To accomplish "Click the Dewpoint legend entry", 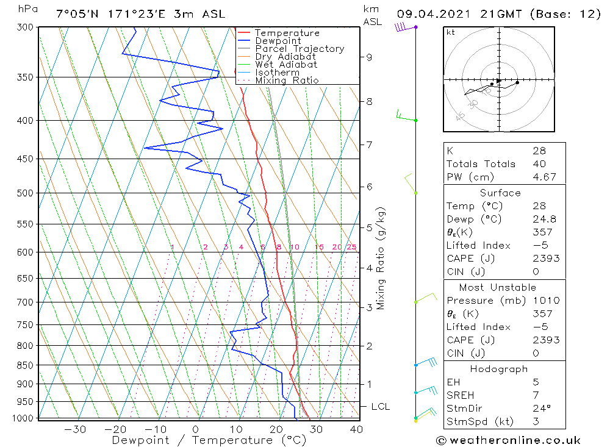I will pyautogui.click(x=278, y=41).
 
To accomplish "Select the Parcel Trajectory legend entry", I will pyautogui.click(x=300, y=49).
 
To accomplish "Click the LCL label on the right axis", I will pyautogui.click(x=380, y=407).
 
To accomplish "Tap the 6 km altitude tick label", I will pyautogui.click(x=369, y=187).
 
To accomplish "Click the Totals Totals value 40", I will pyautogui.click(x=539, y=163).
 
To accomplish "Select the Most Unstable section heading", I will pyautogui.click(x=498, y=287).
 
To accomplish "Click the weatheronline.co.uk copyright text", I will pyautogui.click(x=508, y=440).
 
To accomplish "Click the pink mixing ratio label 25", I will pyautogui.click(x=351, y=247).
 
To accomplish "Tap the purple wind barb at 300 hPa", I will pyautogui.click(x=401, y=26).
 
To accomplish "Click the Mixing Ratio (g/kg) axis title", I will pyautogui.click(x=381, y=258).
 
